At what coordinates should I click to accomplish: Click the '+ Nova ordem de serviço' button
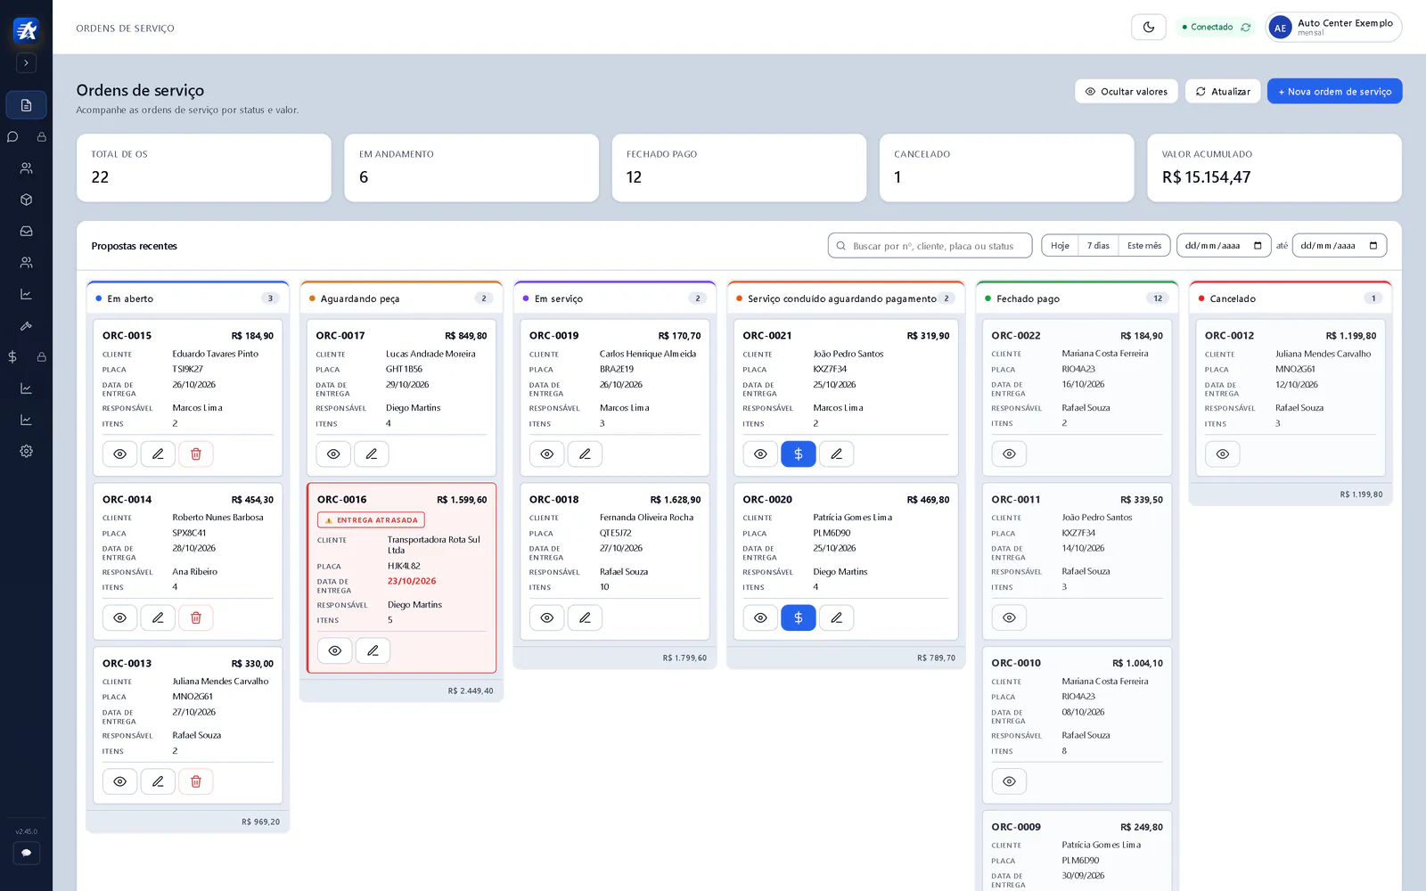click(1334, 91)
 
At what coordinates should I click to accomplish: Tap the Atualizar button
click(1222, 91)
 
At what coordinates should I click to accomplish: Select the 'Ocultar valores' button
click(1126, 91)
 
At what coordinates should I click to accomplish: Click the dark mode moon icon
click(1149, 27)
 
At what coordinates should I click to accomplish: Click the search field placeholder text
click(932, 246)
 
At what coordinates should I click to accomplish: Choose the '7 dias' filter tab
click(1097, 245)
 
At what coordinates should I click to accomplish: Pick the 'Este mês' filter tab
click(1144, 245)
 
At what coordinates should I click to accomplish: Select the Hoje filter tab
click(1060, 245)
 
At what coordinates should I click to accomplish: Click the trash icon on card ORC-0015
click(195, 454)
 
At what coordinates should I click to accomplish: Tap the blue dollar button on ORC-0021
click(799, 454)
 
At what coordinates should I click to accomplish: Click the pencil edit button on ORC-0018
click(585, 617)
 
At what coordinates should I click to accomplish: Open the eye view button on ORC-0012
click(1222, 454)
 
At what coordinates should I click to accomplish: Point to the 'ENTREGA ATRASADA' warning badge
click(371, 520)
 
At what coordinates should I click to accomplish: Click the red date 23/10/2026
click(412, 581)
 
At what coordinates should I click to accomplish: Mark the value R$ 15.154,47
click(1206, 177)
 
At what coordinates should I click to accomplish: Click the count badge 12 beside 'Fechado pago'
click(1158, 298)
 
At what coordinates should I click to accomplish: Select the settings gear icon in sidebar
click(26, 451)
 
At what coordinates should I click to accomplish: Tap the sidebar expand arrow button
click(26, 63)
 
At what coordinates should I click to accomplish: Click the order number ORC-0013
click(127, 663)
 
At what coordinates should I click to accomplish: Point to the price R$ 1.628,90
click(676, 500)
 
